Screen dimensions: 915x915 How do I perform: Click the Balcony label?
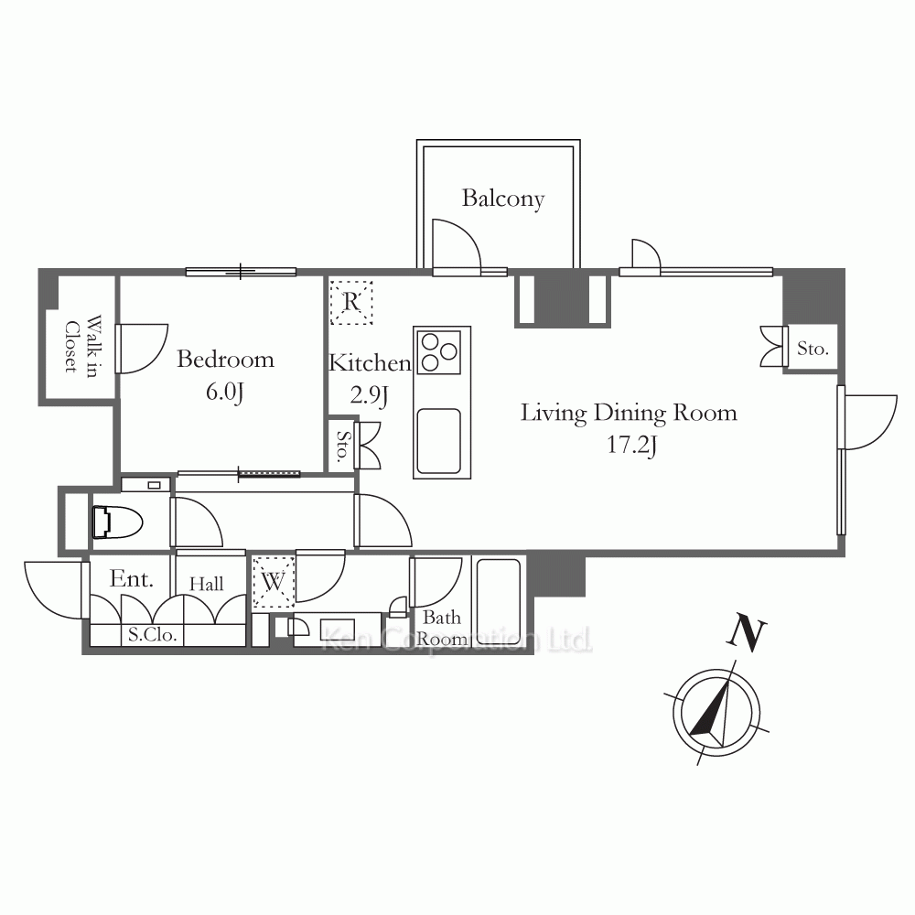[x=503, y=199]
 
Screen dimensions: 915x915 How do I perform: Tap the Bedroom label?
[x=225, y=359]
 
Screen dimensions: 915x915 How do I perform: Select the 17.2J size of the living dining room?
[x=632, y=446]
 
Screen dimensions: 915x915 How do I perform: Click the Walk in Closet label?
[x=81, y=347]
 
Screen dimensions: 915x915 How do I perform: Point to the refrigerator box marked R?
[x=351, y=302]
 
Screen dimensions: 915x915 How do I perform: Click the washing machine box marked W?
[x=273, y=582]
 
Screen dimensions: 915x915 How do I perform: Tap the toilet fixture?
[x=117, y=522]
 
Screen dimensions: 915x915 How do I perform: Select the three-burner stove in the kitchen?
[x=439, y=352]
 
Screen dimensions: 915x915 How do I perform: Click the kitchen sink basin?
[x=439, y=441]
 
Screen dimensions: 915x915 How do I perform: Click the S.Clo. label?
[x=152, y=634]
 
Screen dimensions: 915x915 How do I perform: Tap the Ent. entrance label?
[x=131, y=579]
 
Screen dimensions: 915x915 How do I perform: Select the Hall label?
[x=207, y=584]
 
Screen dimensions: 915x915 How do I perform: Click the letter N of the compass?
[x=747, y=631]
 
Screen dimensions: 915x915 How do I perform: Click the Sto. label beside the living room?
[x=813, y=349]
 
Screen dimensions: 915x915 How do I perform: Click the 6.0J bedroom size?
[x=224, y=392]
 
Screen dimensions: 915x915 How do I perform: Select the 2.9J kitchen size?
[x=369, y=395]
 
